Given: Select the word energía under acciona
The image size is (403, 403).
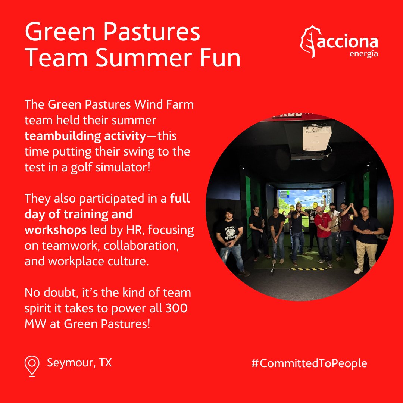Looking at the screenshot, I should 363,54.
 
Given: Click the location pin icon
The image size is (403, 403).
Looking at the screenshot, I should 32,365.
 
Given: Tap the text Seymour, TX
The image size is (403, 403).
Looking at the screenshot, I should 79,362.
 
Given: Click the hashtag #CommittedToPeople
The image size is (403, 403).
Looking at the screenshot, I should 309,363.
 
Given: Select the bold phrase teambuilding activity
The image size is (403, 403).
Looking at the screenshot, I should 85,136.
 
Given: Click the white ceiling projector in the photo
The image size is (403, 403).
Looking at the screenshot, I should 316,139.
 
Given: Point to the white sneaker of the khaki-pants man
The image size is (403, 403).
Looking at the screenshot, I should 358,270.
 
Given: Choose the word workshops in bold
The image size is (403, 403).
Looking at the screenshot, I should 55,230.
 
